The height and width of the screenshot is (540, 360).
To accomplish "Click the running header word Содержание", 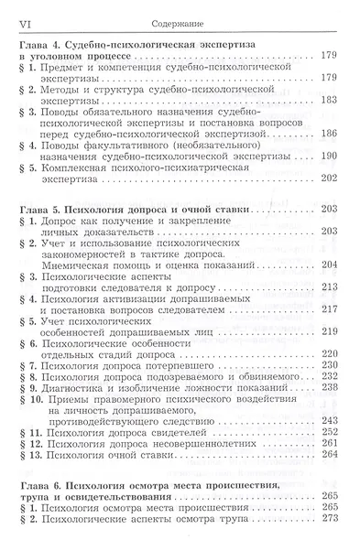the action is point(180,9).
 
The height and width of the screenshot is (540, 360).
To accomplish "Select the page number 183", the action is point(330,99).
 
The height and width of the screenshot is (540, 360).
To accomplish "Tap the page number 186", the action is point(330,133).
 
